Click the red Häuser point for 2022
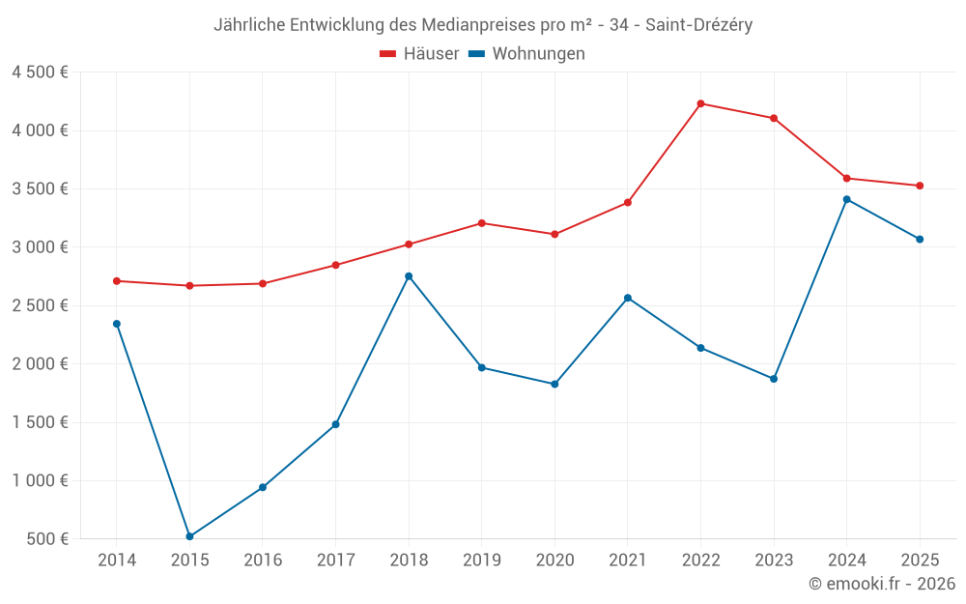coord(700,103)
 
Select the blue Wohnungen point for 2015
coord(189,536)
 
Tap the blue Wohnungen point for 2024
coord(847,199)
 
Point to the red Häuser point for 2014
coord(117,281)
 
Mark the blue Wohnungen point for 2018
coord(409,276)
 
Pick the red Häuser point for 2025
coord(920,186)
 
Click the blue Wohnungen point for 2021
coord(628,298)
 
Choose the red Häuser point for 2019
coord(481,223)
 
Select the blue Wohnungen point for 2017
coord(335,424)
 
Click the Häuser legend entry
coord(419,54)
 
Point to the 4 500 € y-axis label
coord(40,72)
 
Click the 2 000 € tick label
coord(40,364)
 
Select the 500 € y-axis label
coord(46,539)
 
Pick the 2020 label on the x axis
coord(554,560)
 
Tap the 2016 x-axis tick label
coord(263,560)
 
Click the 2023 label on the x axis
coord(774,560)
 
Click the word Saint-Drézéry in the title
coord(697,25)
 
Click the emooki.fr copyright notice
coord(881,584)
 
